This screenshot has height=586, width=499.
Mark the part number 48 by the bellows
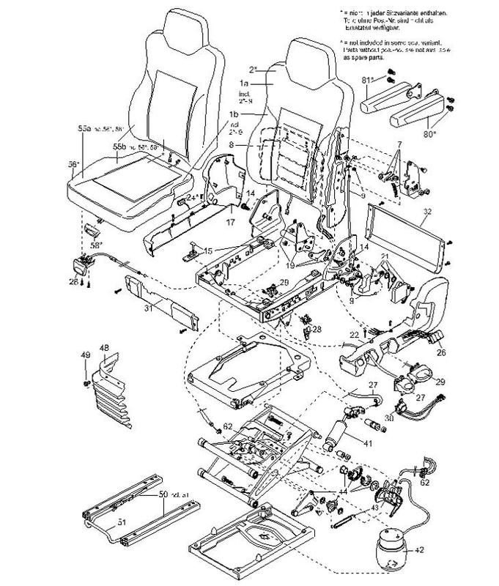click(x=104, y=347)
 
